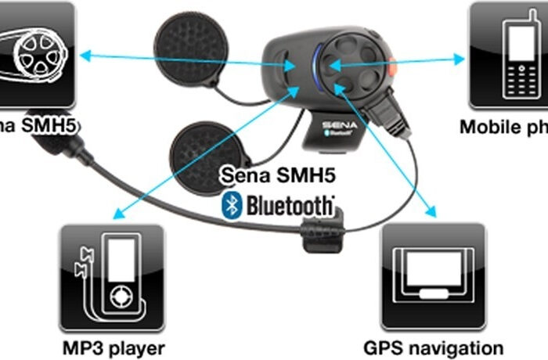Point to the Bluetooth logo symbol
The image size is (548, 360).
tap(230, 205)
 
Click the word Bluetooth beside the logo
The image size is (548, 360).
tap(290, 205)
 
